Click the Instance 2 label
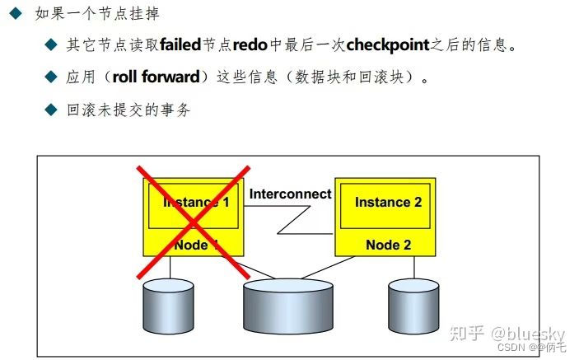[x=388, y=202]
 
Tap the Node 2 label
[x=388, y=245]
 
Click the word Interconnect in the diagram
[x=290, y=194]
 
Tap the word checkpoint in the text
[x=388, y=44]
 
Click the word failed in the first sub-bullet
[x=180, y=44]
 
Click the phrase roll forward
[x=156, y=77]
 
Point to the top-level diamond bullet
[x=15, y=14]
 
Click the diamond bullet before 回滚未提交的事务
[x=51, y=110]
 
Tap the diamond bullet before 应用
[x=51, y=77]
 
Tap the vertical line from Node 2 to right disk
[x=413, y=267]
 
